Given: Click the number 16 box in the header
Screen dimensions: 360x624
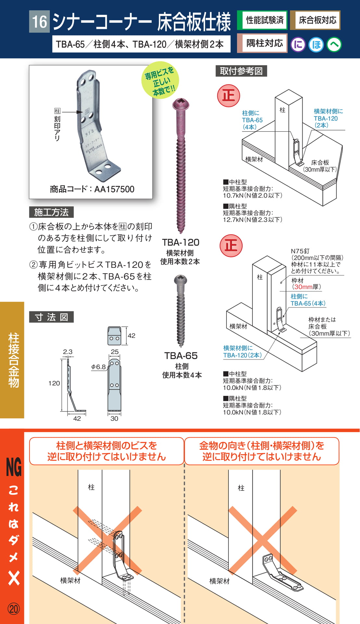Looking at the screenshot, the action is pos(39,21).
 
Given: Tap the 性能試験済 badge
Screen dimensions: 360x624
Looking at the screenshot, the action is pos(262,20).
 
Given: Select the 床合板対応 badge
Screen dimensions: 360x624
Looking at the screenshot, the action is pos(315,20).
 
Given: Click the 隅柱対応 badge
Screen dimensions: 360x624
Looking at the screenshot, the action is pos(262,43).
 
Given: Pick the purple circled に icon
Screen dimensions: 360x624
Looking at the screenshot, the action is pos(298,45).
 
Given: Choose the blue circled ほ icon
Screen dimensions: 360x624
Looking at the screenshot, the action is pos(316,45).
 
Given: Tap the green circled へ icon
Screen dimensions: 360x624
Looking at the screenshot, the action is pos(334,45).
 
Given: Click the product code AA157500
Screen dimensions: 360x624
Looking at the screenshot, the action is pos(114,189).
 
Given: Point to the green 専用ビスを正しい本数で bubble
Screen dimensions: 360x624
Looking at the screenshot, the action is pos(160,80).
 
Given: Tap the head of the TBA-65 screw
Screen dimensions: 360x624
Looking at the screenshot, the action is pos(181,280).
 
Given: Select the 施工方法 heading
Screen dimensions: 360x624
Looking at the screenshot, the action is pos(51,212).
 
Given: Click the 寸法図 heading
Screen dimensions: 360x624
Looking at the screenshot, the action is pos(51,317).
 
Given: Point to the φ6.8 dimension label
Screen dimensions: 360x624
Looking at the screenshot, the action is pos(98,367).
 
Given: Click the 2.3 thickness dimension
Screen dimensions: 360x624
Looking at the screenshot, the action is pos(68,352).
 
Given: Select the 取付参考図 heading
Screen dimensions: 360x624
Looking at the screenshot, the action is pos(241,71).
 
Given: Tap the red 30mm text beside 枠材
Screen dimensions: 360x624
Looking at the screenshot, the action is pos(303,287).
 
